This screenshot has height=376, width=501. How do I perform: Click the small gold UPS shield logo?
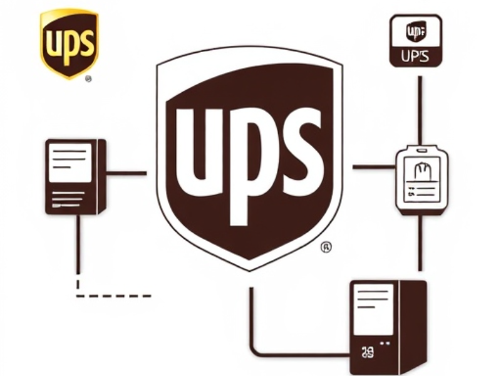pyautogui.click(x=69, y=43)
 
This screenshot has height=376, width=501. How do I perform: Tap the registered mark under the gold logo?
pyautogui.click(x=88, y=80)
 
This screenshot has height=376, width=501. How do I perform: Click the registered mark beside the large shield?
pyautogui.click(x=326, y=247)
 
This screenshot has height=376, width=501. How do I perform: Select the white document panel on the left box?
pyautogui.click(x=71, y=162)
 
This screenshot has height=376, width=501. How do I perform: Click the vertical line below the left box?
pyautogui.click(x=78, y=244)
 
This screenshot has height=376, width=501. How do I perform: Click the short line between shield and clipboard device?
pyautogui.click(x=374, y=167)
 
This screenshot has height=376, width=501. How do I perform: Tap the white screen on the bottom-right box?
pyautogui.click(x=373, y=309)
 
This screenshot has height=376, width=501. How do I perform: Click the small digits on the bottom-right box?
pyautogui.click(x=368, y=353)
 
